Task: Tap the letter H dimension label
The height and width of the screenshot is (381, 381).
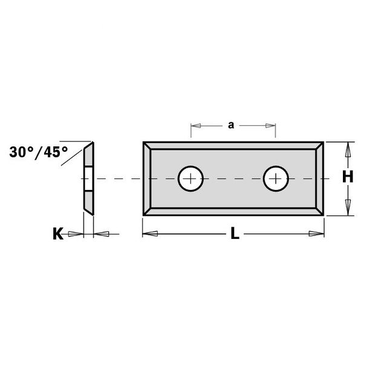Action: click(347, 177)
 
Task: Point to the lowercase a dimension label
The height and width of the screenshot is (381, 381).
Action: click(231, 125)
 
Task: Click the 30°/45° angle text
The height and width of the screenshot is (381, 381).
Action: click(39, 152)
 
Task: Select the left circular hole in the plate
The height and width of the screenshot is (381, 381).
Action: click(190, 178)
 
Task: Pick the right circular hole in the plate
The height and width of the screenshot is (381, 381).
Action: click(276, 178)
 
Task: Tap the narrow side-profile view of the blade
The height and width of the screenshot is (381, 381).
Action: click(88, 178)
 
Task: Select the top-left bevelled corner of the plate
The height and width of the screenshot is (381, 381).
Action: click(148, 146)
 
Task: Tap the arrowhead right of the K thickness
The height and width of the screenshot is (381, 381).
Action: click(101, 234)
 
